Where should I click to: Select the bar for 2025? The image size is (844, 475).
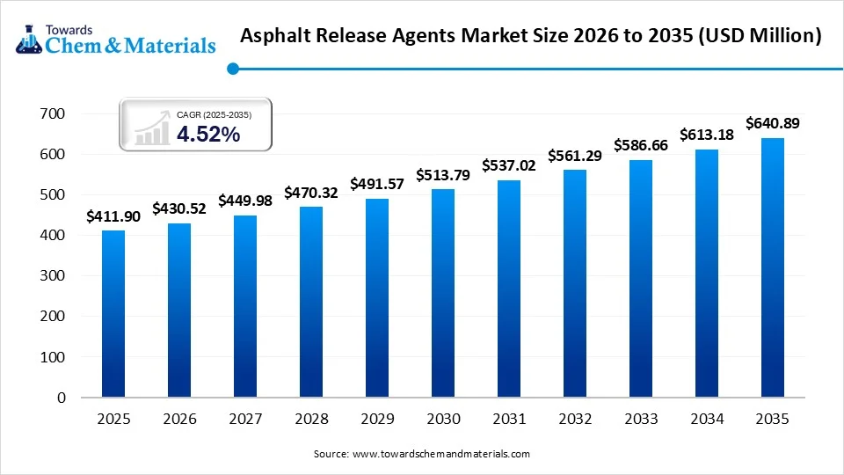113,314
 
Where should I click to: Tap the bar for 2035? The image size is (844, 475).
772,267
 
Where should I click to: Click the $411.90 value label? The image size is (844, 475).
113,216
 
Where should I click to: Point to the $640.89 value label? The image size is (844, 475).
772,124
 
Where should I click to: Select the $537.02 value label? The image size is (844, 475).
509,165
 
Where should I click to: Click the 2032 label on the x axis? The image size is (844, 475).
575,420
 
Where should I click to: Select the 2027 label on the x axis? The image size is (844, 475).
245,420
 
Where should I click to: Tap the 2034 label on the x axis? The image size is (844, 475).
706,420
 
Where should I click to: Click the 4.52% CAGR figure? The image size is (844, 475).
208,135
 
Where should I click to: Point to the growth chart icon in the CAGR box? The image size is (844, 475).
152,128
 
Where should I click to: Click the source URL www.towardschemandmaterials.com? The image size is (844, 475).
440,454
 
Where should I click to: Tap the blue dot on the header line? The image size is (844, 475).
232,69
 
